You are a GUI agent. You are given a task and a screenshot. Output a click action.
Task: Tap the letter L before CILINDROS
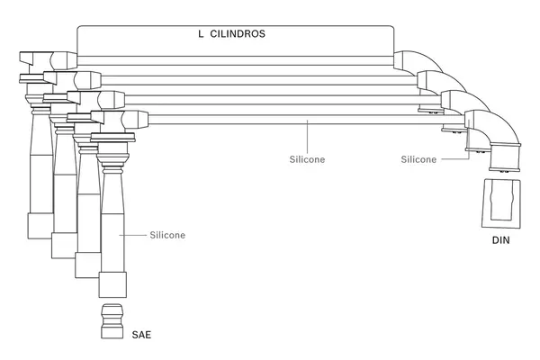[201, 33]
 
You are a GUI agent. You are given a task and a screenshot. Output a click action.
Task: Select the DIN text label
[501, 240]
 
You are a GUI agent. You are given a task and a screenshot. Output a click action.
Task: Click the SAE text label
[141, 335]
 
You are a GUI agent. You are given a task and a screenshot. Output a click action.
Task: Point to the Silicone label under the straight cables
[307, 159]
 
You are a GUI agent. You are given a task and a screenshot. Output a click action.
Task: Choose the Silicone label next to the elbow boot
[418, 159]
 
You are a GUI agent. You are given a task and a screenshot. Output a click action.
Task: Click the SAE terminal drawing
[112, 321]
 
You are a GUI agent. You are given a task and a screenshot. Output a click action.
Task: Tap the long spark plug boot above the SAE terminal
[112, 225]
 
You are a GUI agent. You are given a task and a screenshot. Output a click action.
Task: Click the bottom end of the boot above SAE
[112, 286]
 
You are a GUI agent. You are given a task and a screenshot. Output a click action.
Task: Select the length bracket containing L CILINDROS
[236, 40]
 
